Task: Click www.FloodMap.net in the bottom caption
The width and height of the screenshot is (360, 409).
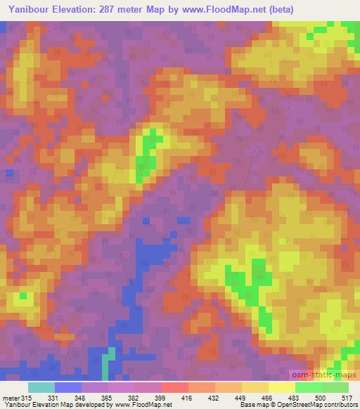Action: coord(141,404)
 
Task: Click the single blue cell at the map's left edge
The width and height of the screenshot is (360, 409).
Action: coord(9,172)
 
